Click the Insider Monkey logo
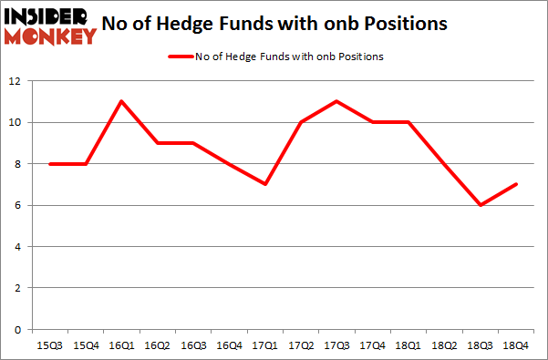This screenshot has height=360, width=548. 50,26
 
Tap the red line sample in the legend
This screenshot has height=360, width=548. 180,57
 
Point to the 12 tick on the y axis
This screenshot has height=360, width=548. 16,81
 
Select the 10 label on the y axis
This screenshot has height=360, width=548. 16,122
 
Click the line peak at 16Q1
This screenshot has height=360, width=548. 120,101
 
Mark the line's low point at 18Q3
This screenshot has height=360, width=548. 480,205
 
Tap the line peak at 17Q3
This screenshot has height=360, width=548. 336,101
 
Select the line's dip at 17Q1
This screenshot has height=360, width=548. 264,184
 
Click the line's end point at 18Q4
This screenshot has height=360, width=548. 516,184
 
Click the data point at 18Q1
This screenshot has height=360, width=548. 408,122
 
